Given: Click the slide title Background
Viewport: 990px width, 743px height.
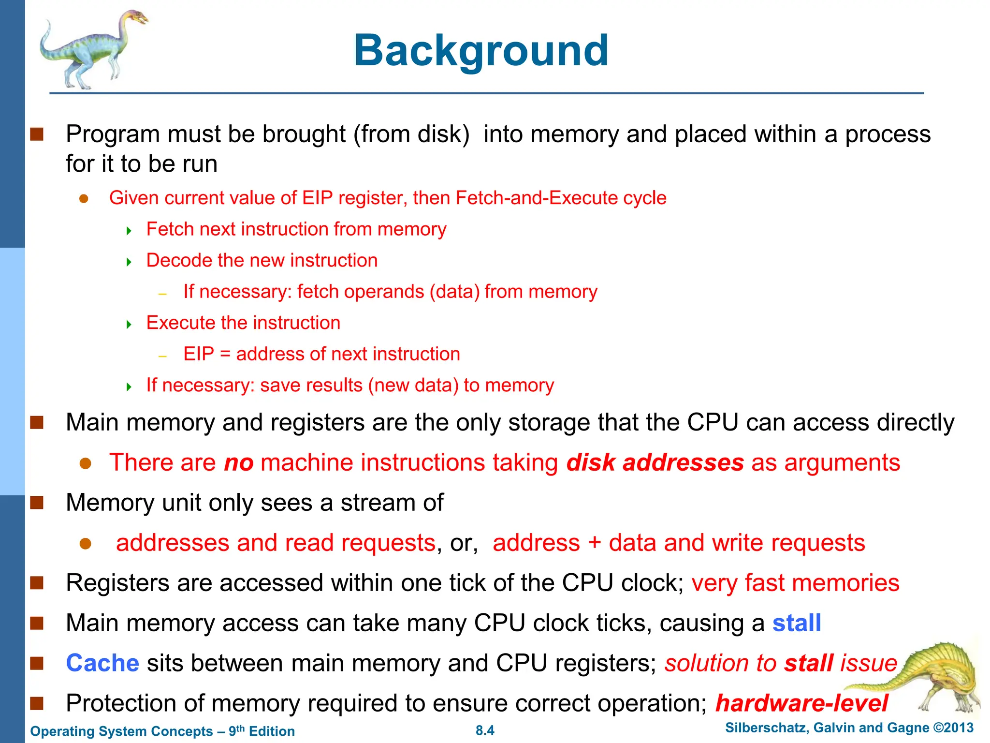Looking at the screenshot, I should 481,50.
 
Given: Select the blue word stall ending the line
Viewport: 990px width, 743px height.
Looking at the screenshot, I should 797,623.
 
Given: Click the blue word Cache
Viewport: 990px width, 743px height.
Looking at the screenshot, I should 102,663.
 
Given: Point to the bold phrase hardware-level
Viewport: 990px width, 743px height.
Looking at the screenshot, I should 801,703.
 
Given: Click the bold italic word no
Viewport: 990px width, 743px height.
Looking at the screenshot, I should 239,463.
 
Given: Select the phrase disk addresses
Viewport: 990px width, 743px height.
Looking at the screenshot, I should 655,463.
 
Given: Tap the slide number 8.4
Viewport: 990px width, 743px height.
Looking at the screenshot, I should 485,730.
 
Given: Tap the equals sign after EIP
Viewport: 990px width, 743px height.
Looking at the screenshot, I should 225,355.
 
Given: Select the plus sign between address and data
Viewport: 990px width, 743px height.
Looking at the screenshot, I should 594,543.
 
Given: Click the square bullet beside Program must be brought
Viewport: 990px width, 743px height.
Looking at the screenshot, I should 37,134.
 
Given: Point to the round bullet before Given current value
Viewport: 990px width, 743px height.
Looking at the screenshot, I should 84,199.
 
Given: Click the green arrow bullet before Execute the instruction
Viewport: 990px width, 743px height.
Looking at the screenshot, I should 129,324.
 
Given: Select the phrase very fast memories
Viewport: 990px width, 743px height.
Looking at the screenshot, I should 795,583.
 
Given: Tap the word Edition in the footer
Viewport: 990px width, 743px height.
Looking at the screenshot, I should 272,731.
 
